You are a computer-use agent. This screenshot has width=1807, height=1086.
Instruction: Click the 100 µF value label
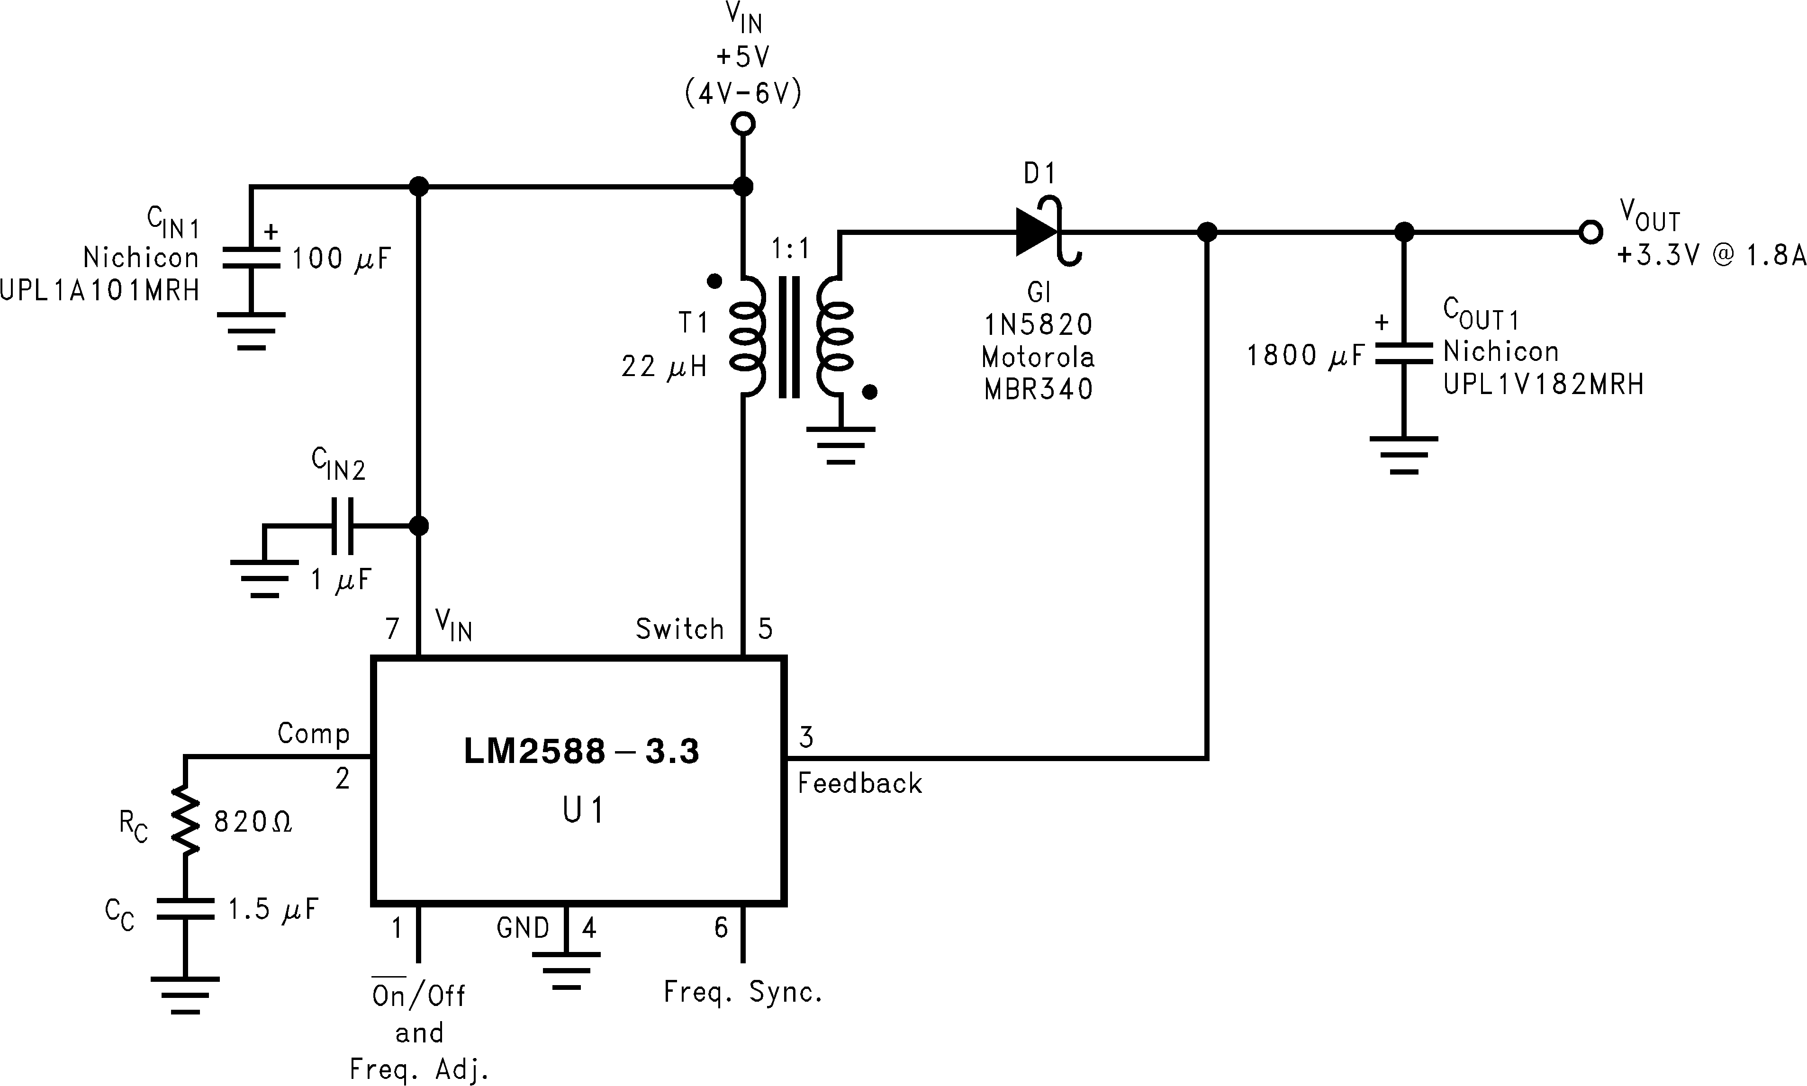tap(341, 258)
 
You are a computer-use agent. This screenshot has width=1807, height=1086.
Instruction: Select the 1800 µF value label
tap(1305, 356)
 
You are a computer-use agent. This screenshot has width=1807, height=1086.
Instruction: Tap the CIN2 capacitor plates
tap(342, 525)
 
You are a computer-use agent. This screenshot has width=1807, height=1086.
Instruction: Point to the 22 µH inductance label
tap(664, 367)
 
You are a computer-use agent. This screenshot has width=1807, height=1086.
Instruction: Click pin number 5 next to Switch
tap(766, 628)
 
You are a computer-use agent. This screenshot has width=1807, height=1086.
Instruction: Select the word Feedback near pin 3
tap(859, 784)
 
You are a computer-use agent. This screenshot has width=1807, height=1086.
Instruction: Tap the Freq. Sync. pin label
tap(743, 992)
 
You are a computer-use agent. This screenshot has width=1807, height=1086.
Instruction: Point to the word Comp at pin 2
tap(313, 733)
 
